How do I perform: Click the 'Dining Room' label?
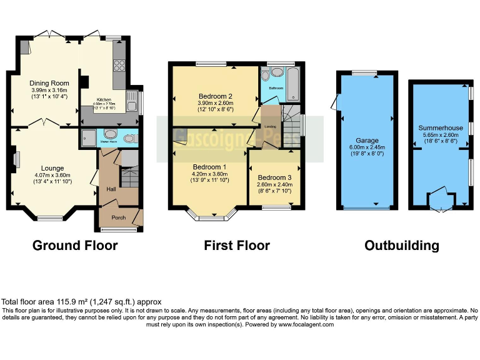(x=49, y=83)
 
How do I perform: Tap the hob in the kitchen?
(x=119, y=65)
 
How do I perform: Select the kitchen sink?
(x=132, y=98)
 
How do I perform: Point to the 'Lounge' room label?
(x=52, y=168)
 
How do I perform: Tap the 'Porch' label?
(x=118, y=217)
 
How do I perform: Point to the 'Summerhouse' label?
(x=441, y=128)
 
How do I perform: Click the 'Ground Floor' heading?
(x=74, y=246)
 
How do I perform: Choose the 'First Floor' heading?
(x=237, y=246)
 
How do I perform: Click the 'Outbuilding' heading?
(x=402, y=246)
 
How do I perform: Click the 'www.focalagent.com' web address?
(x=306, y=324)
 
